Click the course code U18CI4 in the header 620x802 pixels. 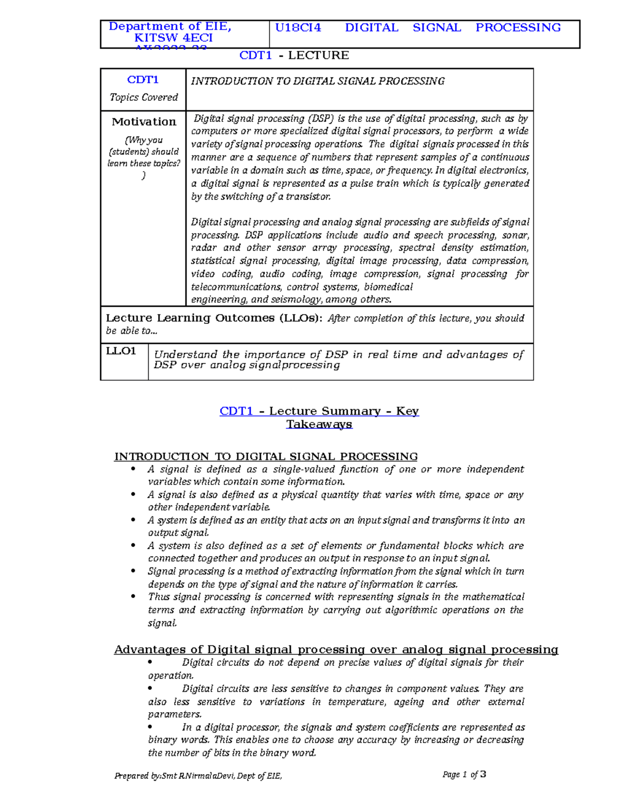coord(298,28)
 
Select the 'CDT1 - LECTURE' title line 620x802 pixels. coord(294,55)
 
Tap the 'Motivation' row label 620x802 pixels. coord(144,122)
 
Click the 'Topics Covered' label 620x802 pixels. coord(144,97)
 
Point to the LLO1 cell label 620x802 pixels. coord(121,351)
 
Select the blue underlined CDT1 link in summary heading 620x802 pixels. coord(236,411)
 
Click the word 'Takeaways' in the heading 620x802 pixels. coord(319,424)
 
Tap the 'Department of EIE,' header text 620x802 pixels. coord(170,26)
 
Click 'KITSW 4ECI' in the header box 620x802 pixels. coord(174,38)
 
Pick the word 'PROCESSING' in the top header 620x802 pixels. coord(518,28)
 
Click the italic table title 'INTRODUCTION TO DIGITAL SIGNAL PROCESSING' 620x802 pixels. coord(318,81)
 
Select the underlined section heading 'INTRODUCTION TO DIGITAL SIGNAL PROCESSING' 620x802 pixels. coord(266,457)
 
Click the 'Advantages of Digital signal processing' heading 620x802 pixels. coord(336,650)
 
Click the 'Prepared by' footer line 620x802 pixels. coord(198,776)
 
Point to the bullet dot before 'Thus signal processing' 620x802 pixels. coord(134,596)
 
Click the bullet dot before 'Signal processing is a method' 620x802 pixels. coord(134,571)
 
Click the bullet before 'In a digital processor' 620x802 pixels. coord(150,727)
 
